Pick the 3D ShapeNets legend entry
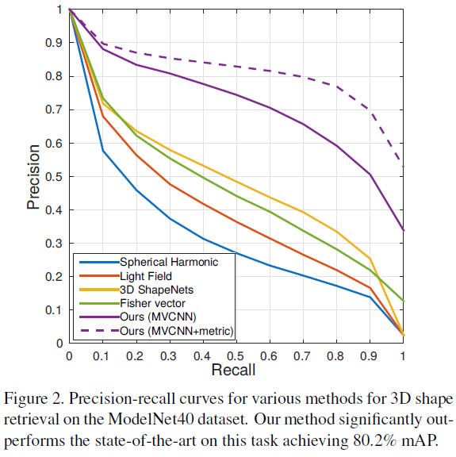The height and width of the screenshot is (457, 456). [x=153, y=290]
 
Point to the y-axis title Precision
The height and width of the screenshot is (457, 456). [x=33, y=176]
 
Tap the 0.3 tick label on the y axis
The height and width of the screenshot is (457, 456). [x=58, y=244]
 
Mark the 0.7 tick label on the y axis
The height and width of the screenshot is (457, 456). [x=58, y=110]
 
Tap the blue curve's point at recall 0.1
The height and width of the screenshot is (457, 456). [x=102, y=150]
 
